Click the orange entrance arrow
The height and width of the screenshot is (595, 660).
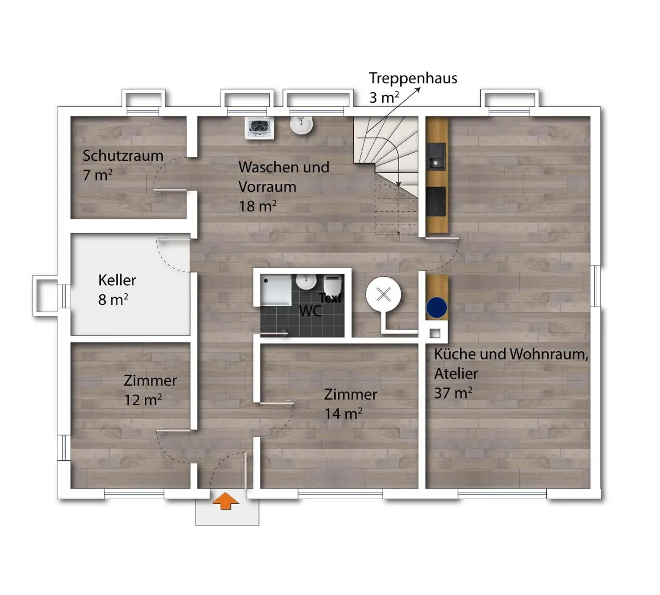[x=225, y=501]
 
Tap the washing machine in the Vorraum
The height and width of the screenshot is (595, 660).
[x=259, y=128]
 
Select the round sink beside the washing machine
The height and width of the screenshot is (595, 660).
[x=301, y=126]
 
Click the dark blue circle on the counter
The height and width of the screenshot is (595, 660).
[x=437, y=308]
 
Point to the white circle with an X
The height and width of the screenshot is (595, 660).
[x=384, y=294]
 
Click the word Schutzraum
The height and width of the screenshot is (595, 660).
[x=123, y=156]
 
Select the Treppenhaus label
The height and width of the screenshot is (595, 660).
[x=413, y=78]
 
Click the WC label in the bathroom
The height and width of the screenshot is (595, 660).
[x=310, y=311]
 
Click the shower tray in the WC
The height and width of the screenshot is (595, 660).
[x=276, y=290]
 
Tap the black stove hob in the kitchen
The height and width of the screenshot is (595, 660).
[x=436, y=201]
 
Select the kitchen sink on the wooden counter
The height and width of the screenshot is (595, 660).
[x=436, y=157]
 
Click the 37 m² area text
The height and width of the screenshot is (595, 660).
[x=453, y=393]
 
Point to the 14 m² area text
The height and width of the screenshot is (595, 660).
[x=343, y=413]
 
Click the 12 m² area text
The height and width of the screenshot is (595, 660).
[x=143, y=400]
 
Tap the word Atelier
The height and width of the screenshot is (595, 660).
[x=456, y=374]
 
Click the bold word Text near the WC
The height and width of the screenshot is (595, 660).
[x=331, y=298]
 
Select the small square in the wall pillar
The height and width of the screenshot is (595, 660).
[x=435, y=333]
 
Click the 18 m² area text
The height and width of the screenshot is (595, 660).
[x=258, y=206]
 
